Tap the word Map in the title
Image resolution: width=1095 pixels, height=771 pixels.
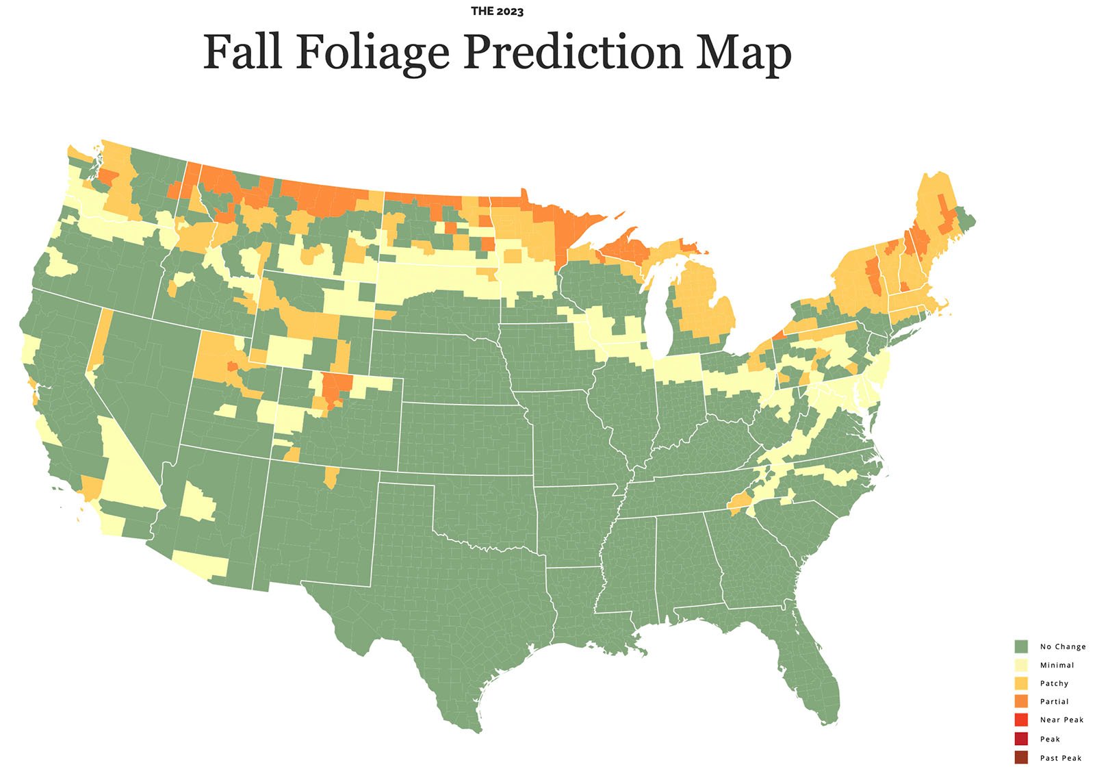(743, 52)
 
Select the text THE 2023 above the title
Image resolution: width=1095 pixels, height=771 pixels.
(498, 12)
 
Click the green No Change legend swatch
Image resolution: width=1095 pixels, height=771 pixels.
(1021, 646)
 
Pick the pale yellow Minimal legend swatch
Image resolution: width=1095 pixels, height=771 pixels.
(1021, 665)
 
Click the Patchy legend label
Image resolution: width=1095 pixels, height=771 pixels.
(1054, 683)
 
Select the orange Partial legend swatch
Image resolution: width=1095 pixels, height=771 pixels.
(1021, 702)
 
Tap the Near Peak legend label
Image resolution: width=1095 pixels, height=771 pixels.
(1061, 720)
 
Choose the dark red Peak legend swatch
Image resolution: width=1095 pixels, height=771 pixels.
(1021, 739)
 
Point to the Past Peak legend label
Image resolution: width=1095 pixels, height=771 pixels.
(1061, 758)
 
